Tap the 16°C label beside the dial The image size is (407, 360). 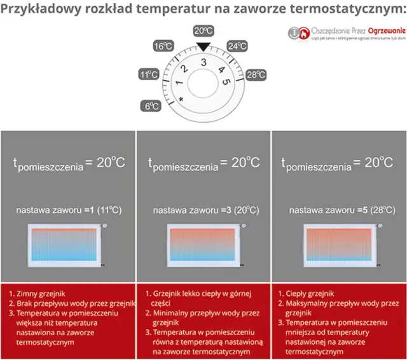point(163,46)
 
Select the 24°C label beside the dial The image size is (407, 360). point(237,46)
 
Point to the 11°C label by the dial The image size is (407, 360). point(148,75)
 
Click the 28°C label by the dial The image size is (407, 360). point(256,75)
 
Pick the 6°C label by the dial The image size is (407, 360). point(152,106)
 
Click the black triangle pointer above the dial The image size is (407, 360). point(203,46)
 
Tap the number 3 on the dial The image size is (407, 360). point(203,62)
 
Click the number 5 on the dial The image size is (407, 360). point(226,82)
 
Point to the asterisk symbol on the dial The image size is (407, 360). point(181,100)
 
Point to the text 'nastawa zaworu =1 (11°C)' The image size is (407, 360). point(68,209)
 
